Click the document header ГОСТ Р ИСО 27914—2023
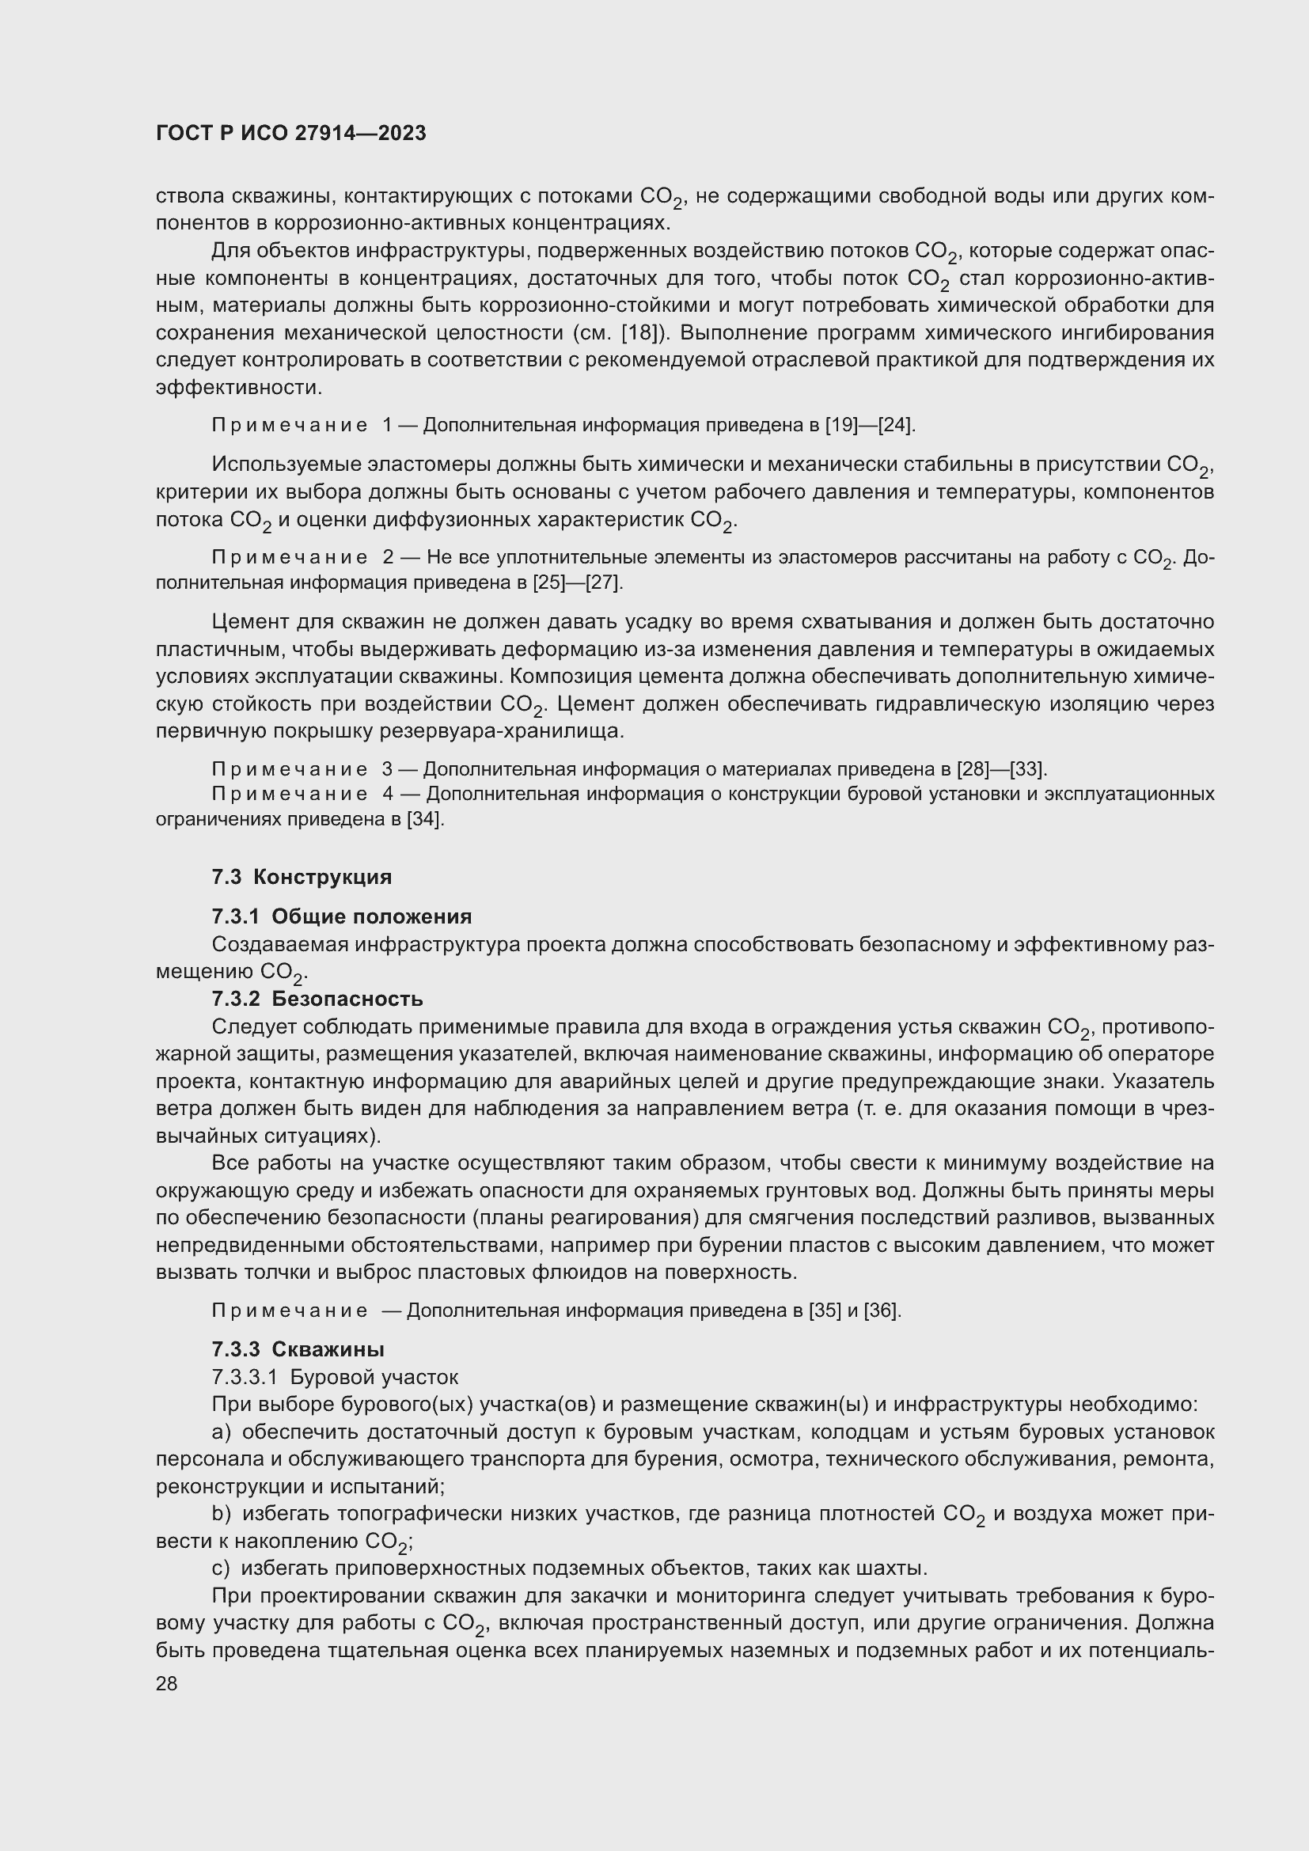pos(291,134)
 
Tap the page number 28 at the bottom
pos(166,1683)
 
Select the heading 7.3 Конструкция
pos(302,877)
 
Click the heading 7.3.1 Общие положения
pos(342,916)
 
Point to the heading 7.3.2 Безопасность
pos(317,999)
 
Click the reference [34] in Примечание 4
pos(425,820)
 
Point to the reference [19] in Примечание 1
pos(841,425)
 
